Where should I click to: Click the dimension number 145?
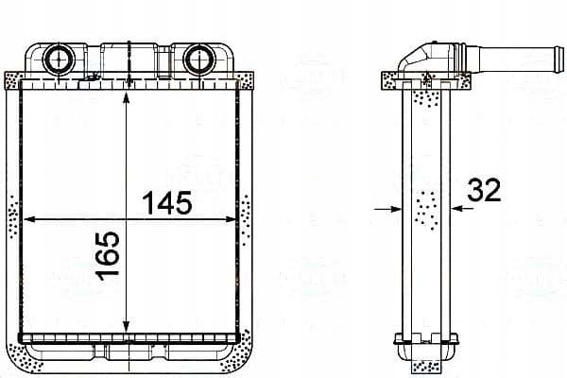[x=166, y=202]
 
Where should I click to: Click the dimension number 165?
[x=108, y=256]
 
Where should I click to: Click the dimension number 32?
[x=484, y=190]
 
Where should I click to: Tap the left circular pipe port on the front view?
[x=59, y=59]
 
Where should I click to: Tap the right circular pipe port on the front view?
[x=199, y=59]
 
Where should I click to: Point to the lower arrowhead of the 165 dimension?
[x=126, y=327]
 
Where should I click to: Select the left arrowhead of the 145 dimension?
[x=29, y=219]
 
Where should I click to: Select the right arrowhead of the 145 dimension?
[x=231, y=219]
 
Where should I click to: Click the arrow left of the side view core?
[x=387, y=209]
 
